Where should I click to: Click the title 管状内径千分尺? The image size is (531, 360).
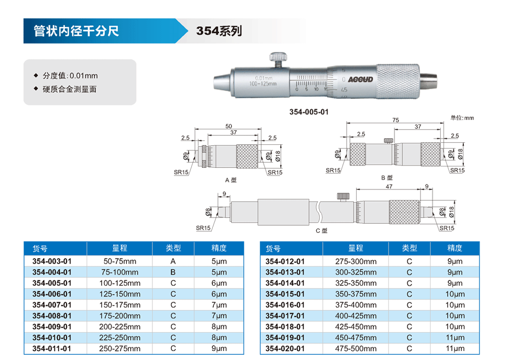(76, 31)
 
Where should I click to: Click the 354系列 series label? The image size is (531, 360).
(219, 31)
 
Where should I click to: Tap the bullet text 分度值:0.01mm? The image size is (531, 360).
(70, 76)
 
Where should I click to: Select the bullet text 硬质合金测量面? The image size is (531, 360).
(70, 89)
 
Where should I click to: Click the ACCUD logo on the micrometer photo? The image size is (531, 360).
(360, 79)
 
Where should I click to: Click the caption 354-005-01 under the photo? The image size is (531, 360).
(309, 112)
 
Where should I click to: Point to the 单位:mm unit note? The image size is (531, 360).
(462, 118)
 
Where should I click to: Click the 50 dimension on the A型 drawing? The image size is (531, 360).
(228, 126)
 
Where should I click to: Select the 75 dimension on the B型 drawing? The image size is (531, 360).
(396, 120)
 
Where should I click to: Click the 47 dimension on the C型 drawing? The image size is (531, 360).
(389, 186)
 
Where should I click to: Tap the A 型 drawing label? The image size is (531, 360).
(231, 180)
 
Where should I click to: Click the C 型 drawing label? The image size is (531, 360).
(321, 231)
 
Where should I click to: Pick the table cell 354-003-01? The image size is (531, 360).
(52, 261)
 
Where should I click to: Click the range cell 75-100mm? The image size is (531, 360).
(120, 272)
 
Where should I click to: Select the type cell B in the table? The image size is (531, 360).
(173, 272)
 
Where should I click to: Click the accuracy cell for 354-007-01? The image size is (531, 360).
(219, 305)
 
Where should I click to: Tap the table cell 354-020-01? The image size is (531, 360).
(285, 348)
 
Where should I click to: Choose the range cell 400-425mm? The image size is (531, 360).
(356, 316)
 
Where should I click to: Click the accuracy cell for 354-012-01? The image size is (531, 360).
(455, 261)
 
